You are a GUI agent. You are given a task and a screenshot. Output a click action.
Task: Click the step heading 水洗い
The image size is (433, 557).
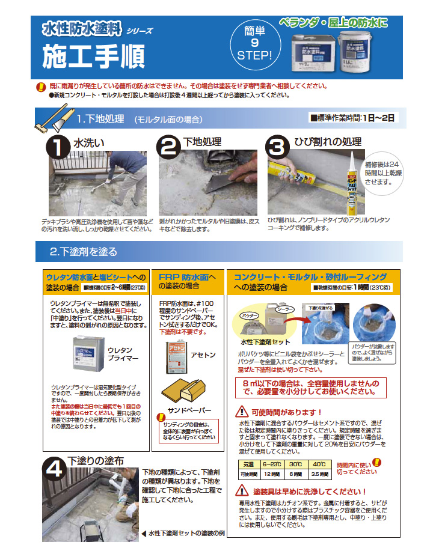[x=89, y=142]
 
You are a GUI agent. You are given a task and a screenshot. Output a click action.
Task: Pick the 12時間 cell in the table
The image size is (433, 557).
[x=267, y=474]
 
